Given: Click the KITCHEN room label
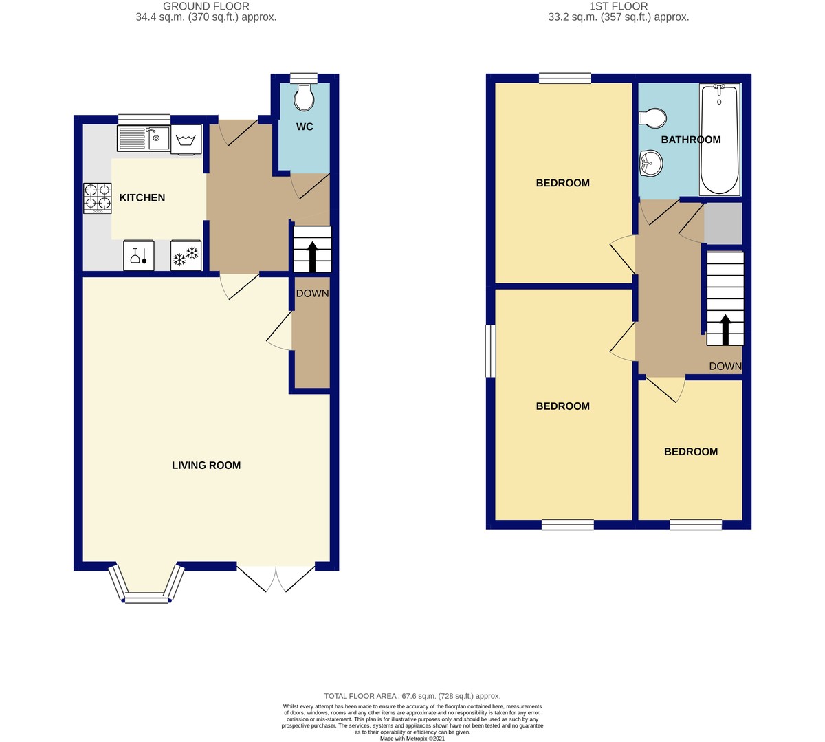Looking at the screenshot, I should pyautogui.click(x=142, y=197).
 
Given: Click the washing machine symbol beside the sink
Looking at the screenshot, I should pyautogui.click(x=186, y=140).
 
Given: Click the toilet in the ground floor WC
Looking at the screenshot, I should pyautogui.click(x=303, y=98).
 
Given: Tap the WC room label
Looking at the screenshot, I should pyautogui.click(x=305, y=127).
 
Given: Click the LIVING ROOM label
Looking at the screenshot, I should pyautogui.click(x=206, y=466).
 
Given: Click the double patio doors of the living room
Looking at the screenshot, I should pyautogui.click(x=275, y=578).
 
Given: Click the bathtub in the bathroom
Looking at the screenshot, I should pyautogui.click(x=719, y=139).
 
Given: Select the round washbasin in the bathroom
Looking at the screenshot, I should pyautogui.click(x=650, y=163).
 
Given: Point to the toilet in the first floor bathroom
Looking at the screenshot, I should pyautogui.click(x=652, y=118).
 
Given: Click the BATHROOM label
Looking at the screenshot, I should pyautogui.click(x=691, y=140).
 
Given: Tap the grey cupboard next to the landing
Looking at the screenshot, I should pyautogui.click(x=723, y=223).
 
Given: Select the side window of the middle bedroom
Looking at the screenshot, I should pyautogui.click(x=490, y=351).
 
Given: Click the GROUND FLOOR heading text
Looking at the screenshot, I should pyautogui.click(x=206, y=6).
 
